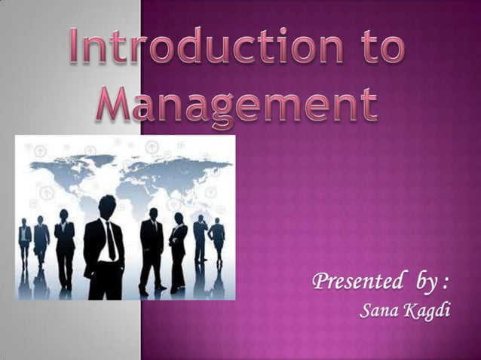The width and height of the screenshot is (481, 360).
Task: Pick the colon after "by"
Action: pyautogui.click(x=447, y=285)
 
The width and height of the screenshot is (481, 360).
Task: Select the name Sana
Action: pyautogui.click(x=378, y=310)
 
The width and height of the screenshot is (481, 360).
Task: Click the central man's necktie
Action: pyautogui.click(x=112, y=240)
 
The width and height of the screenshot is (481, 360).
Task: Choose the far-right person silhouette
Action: pyautogui.click(x=217, y=239)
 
